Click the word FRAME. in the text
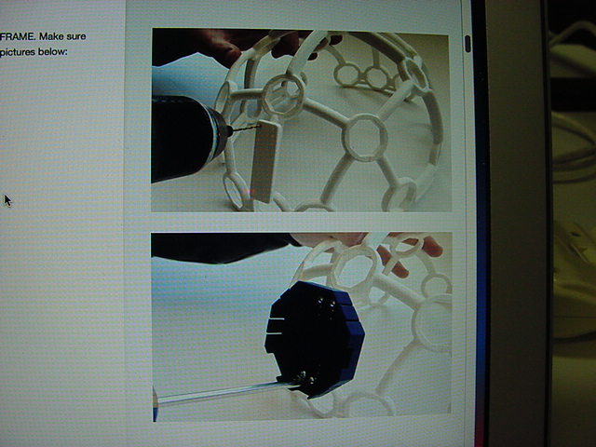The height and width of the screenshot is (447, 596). tap(18, 37)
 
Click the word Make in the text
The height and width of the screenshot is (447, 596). tap(51, 37)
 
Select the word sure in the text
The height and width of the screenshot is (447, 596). tap(76, 37)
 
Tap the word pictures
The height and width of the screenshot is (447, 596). tap(18, 52)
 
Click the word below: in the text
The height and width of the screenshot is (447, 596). tap(52, 52)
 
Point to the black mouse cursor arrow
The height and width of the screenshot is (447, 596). tap(7, 200)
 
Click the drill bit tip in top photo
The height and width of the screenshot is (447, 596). tap(259, 126)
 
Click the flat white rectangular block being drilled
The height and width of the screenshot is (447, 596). tap(264, 161)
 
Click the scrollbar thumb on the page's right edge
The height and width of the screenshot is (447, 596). tap(467, 44)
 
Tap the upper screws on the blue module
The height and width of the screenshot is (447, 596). tap(326, 305)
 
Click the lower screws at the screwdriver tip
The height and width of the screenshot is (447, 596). tap(305, 378)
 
